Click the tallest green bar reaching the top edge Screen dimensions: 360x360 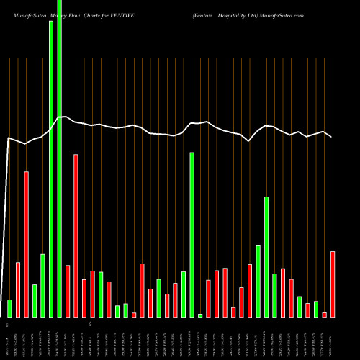(x=59, y=158)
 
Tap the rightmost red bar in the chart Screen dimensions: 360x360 (x=333, y=284)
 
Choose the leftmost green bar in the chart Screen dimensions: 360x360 (x=10, y=308)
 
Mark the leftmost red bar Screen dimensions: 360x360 (x=18, y=289)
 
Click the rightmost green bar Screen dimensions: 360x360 (x=316, y=309)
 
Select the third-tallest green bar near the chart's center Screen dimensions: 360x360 (x=192, y=234)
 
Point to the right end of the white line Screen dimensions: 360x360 (x=332, y=137)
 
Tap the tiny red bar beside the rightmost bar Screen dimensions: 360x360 (x=325, y=315)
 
